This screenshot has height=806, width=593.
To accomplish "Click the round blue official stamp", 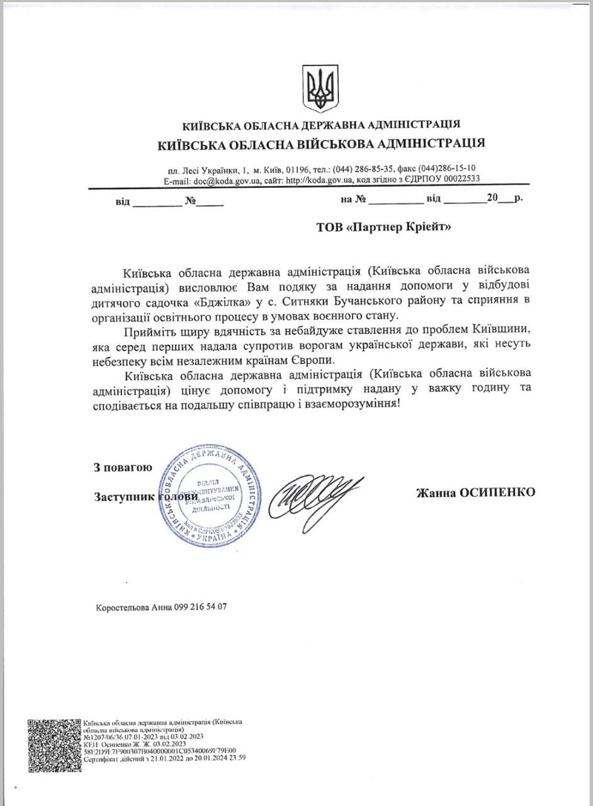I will [x=210, y=494].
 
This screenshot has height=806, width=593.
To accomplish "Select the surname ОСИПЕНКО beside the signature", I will [x=500, y=491].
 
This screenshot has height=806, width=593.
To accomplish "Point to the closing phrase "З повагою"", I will [x=122, y=467].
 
